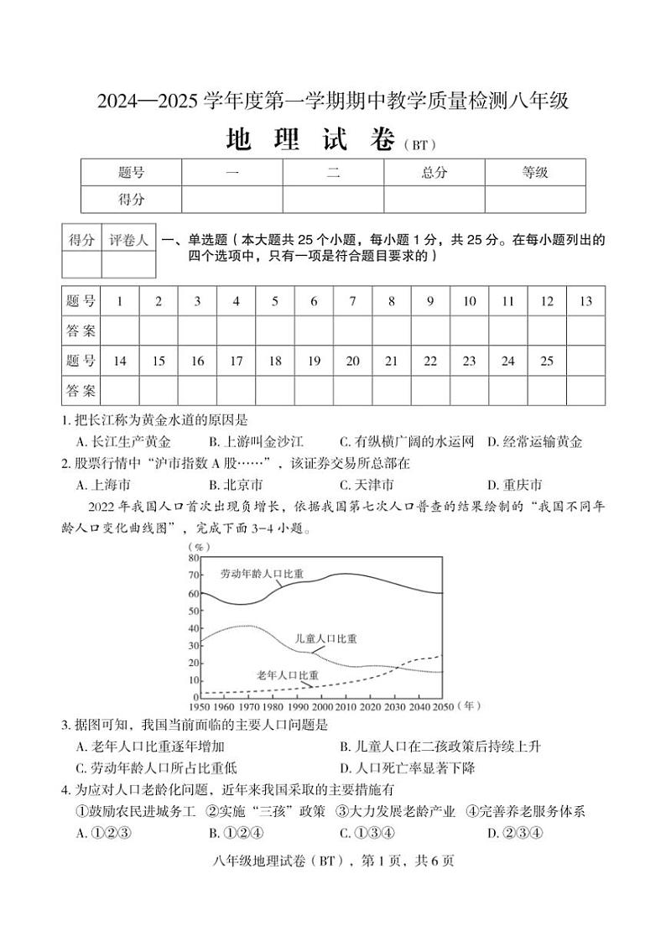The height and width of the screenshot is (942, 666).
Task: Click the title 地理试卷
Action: (x=311, y=140)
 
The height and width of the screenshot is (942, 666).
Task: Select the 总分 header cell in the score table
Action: (x=434, y=173)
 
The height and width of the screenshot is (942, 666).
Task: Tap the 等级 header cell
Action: (x=535, y=173)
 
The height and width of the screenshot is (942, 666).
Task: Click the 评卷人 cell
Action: (x=128, y=240)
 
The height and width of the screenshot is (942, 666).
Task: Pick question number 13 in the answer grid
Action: (x=585, y=301)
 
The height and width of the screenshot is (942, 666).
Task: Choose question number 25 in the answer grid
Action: (x=547, y=361)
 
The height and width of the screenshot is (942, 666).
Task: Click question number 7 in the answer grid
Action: (x=352, y=301)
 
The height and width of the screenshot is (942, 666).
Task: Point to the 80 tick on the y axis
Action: (x=194, y=558)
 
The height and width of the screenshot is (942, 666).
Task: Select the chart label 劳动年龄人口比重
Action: (x=262, y=575)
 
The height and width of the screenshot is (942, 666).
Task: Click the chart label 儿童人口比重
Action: (x=325, y=638)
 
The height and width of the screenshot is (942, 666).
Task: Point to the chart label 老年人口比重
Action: (x=287, y=675)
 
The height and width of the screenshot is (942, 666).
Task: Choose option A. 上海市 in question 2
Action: (x=103, y=485)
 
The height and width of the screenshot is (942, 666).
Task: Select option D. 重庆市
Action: (x=514, y=485)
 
